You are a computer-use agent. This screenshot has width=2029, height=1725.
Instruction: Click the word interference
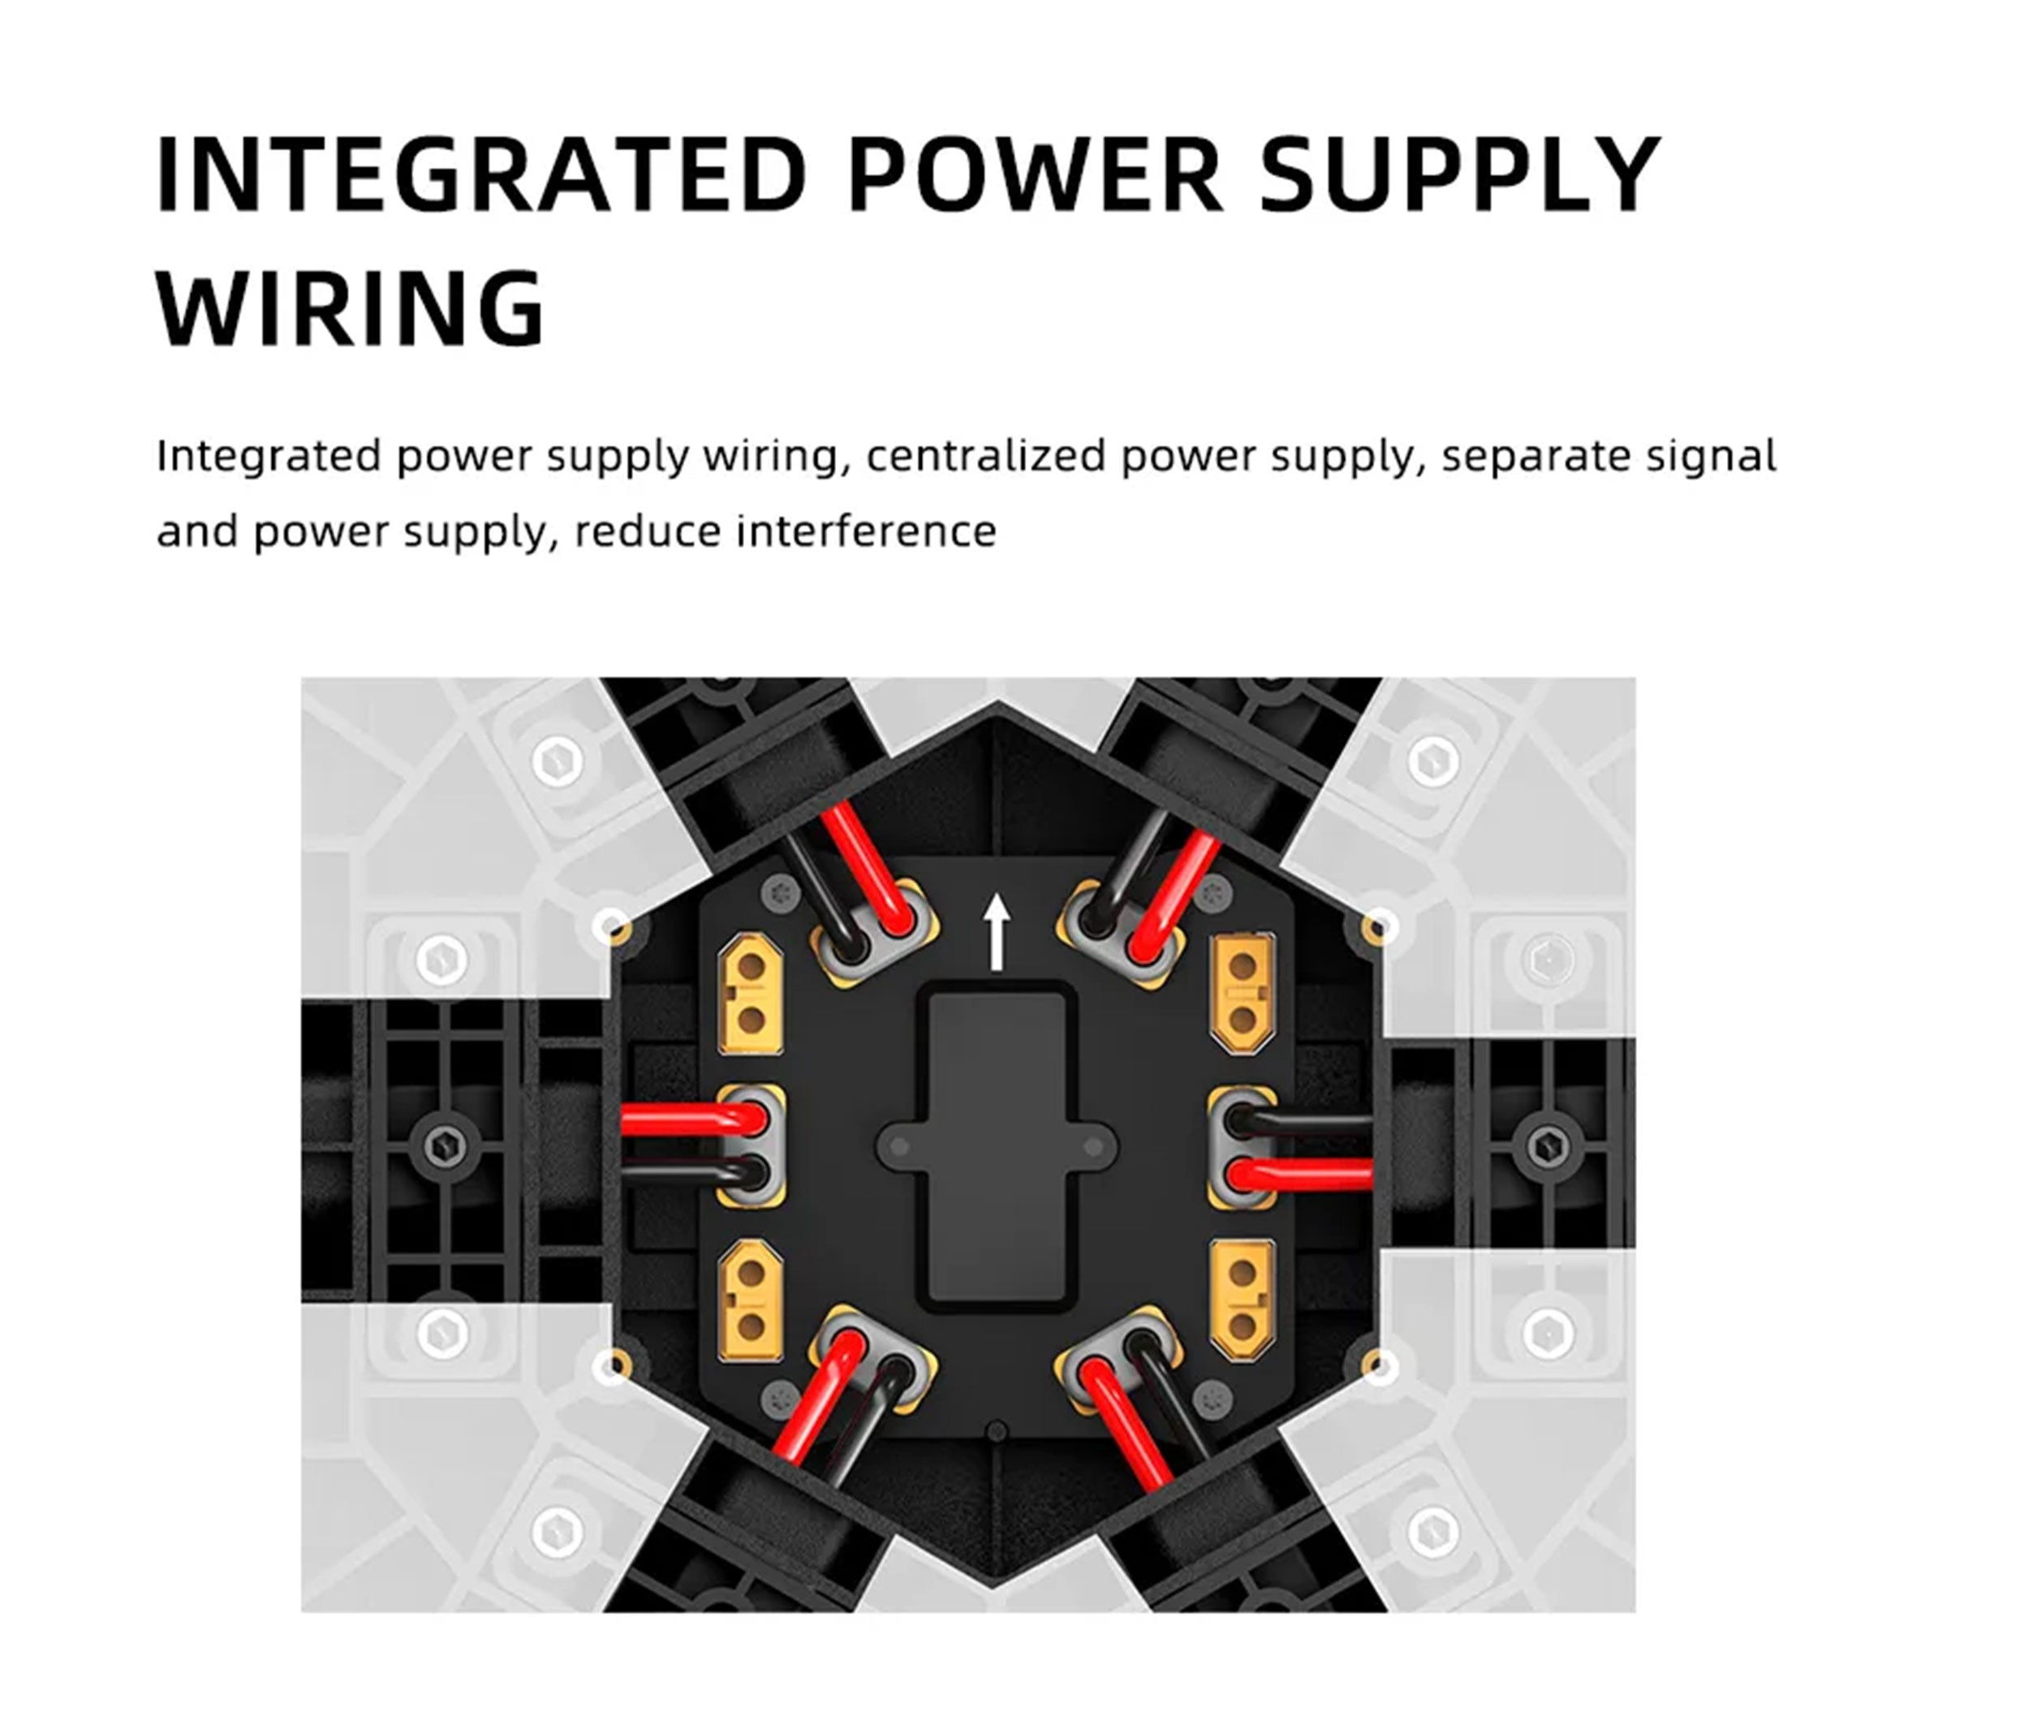866,532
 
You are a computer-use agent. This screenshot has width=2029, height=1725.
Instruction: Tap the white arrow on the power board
997,933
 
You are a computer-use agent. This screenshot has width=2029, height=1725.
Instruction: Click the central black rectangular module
997,1147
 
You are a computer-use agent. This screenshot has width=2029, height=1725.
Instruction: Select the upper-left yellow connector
751,993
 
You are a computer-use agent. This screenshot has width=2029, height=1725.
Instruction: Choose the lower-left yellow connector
751,1300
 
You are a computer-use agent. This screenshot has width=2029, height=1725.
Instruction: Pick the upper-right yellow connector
1243,993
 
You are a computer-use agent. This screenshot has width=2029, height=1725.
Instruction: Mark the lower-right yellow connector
1243,1300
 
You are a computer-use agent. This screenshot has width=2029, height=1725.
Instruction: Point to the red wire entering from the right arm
1300,1172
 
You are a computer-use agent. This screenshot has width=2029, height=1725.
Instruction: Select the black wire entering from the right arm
1300,1122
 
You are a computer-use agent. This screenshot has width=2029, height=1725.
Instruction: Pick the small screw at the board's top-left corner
780,892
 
